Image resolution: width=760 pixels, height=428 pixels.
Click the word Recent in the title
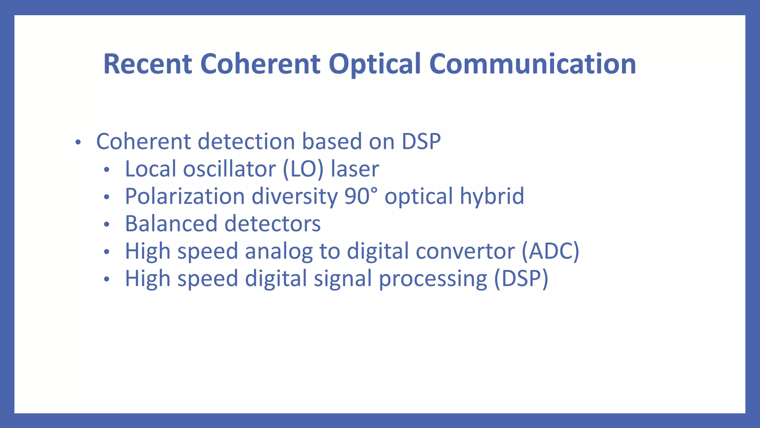point(147,64)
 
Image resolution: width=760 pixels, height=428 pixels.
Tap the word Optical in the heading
point(374,64)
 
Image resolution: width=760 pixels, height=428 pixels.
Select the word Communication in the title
point(533,64)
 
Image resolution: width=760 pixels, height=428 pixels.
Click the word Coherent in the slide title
point(260,64)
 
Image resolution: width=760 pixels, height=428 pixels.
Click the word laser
point(355,169)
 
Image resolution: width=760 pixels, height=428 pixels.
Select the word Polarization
point(184,196)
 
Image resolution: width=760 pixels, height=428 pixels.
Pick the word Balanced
point(171,224)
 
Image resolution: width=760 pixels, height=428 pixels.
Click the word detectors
point(272,224)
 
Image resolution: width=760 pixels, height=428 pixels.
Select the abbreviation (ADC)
point(550,251)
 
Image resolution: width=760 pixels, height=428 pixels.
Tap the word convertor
point(465,251)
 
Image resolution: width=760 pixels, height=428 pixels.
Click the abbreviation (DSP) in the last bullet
point(521,279)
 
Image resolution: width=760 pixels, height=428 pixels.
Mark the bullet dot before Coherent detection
point(78,142)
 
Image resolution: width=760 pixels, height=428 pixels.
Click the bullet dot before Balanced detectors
point(107,224)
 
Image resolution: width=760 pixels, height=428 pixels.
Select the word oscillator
point(229,169)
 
